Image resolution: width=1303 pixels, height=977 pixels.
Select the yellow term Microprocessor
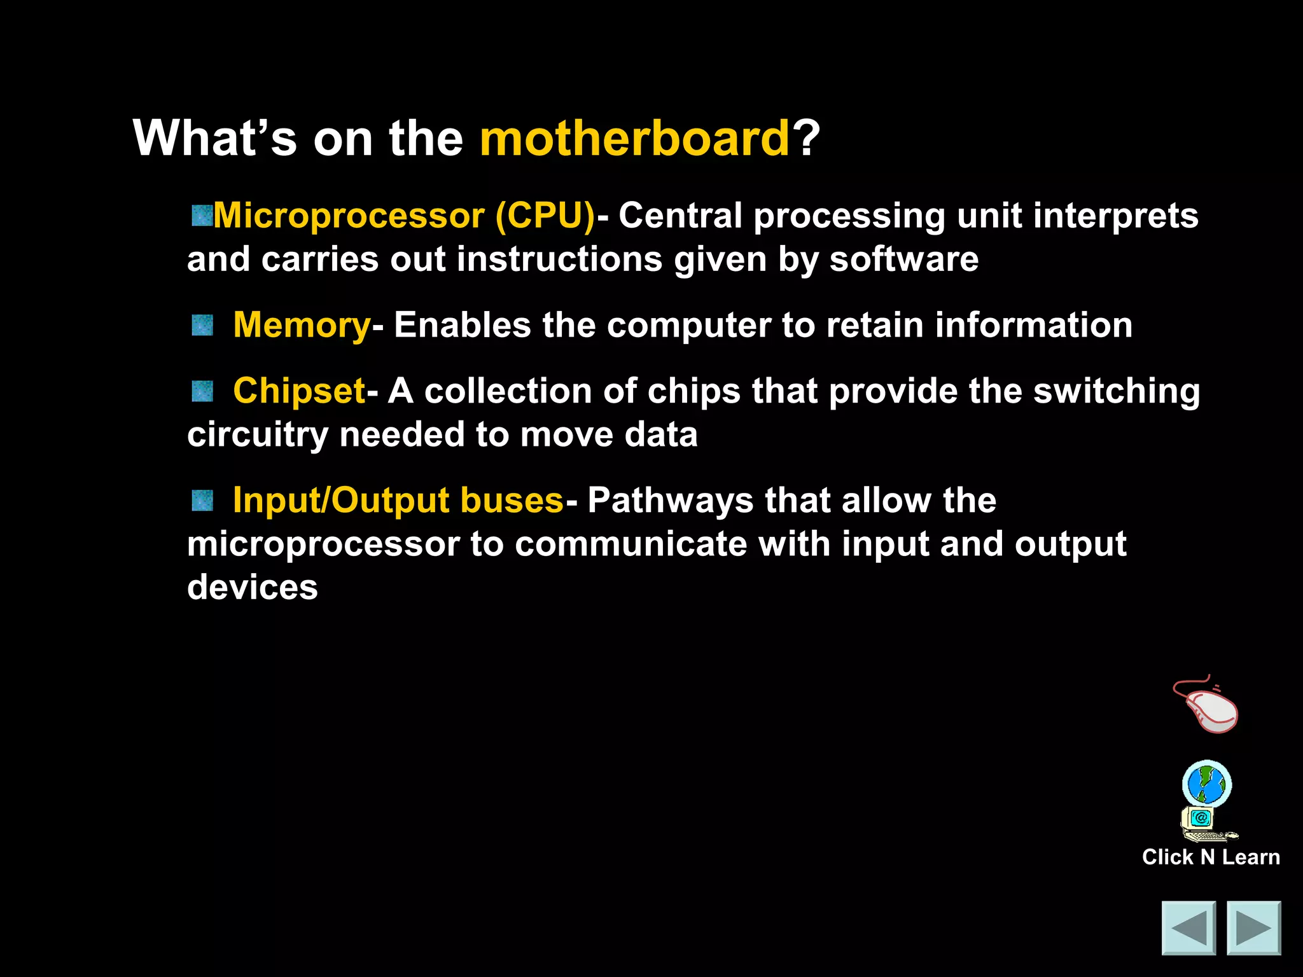click(349, 216)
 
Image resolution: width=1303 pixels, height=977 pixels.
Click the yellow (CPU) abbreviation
click(545, 216)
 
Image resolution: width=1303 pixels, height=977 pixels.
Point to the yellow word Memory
click(302, 326)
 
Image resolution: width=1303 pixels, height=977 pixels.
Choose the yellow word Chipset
click(299, 391)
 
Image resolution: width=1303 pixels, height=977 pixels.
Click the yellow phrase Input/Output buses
click(398, 501)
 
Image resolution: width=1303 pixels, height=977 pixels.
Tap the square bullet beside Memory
click(202, 326)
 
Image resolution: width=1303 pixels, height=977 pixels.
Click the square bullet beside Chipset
click(202, 391)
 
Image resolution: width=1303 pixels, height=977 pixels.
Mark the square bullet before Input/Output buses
click(202, 501)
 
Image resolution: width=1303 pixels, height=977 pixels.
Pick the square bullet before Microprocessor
click(202, 216)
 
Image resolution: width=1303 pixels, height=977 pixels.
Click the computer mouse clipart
click(1207, 705)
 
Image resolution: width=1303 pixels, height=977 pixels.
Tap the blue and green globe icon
click(1207, 784)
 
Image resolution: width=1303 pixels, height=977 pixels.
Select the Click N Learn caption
click(1211, 857)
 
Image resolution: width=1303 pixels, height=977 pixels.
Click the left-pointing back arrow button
click(1188, 928)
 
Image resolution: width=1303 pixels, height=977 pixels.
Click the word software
click(904, 260)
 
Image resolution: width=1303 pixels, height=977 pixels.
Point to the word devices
click(253, 587)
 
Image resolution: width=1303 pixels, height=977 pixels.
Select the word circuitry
click(257, 436)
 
